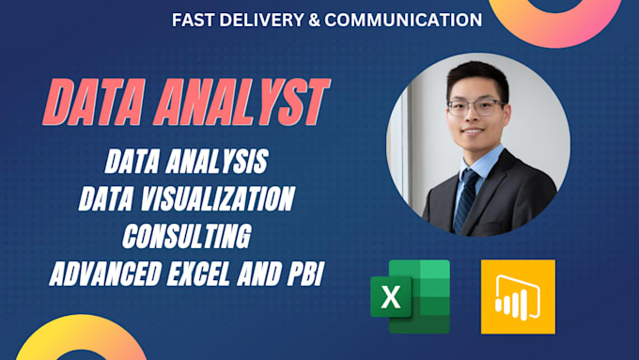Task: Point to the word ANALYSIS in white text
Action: click(222, 162)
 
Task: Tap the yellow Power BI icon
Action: click(518, 297)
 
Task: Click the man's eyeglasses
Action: click(475, 105)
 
